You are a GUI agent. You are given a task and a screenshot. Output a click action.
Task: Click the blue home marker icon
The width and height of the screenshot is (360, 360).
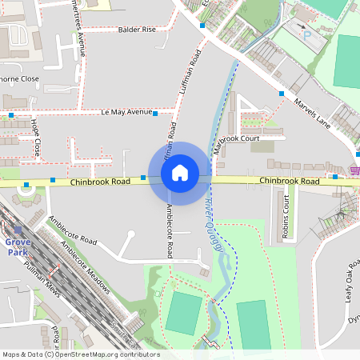click(x=180, y=173)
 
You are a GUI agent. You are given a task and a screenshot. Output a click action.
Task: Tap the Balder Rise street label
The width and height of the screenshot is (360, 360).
click(x=137, y=30)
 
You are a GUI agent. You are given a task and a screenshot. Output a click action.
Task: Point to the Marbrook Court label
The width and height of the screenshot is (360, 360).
click(x=237, y=139)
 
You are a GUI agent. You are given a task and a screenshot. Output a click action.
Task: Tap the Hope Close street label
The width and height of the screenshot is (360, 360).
click(x=35, y=138)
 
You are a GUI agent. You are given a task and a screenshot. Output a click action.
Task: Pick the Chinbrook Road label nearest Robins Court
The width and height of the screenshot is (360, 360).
click(x=289, y=182)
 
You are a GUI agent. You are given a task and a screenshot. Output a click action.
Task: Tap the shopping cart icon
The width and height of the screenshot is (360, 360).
click(x=354, y=170)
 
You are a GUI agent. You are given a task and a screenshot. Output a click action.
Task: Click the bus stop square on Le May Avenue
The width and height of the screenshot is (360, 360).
click(x=155, y=114)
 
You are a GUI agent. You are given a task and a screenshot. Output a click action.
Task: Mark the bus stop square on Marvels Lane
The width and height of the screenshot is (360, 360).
click(x=282, y=94)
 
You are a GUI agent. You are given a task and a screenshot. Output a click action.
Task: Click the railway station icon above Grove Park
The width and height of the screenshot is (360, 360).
click(x=18, y=229)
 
